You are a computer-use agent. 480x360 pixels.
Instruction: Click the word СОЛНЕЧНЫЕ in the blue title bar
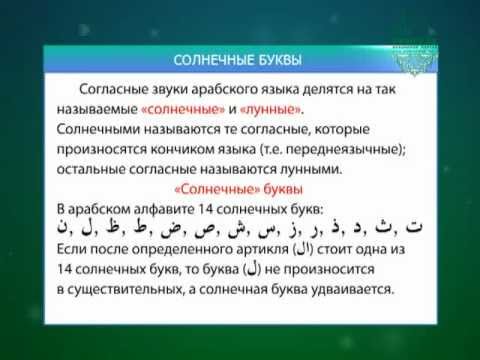click(x=213, y=60)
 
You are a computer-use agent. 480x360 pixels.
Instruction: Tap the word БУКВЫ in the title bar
click(x=280, y=60)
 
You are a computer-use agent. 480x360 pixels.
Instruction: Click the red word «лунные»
click(x=271, y=110)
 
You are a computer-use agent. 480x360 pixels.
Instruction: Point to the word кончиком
click(x=183, y=150)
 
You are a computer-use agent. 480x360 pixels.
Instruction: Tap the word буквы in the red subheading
click(x=283, y=189)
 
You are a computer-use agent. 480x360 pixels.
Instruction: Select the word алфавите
click(x=164, y=209)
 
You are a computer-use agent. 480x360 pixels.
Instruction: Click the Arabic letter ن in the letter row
click(x=62, y=227)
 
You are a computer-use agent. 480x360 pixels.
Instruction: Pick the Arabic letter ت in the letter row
click(x=414, y=227)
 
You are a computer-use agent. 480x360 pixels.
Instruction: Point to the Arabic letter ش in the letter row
click(x=236, y=228)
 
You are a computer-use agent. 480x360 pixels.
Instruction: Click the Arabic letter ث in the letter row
click(x=383, y=227)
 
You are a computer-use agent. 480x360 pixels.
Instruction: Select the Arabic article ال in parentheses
click(x=303, y=249)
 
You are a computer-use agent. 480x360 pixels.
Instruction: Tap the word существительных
click(x=125, y=290)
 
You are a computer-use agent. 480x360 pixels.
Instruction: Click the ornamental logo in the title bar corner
click(x=414, y=60)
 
